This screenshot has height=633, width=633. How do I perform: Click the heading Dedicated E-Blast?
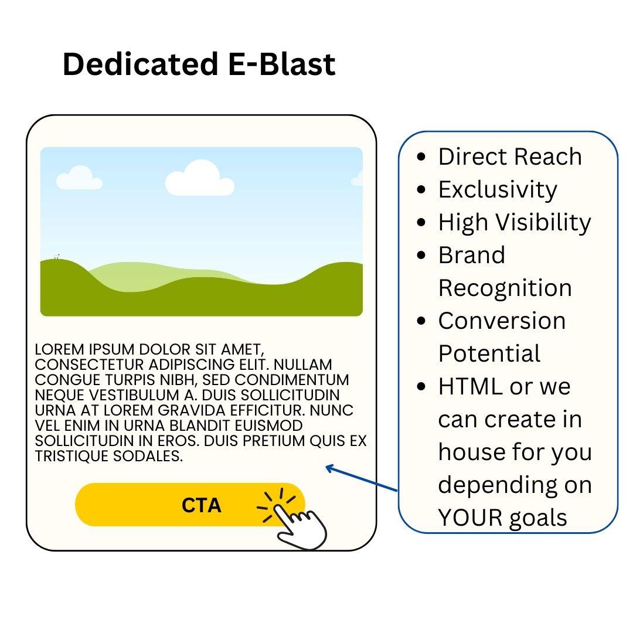click(199, 64)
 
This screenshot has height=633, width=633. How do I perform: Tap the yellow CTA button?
click(176, 505)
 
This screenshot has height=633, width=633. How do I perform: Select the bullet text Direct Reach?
click(510, 157)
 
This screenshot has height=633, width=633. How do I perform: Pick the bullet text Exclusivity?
click(498, 190)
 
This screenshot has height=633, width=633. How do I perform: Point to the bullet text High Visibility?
click(515, 223)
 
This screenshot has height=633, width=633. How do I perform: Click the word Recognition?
click(505, 288)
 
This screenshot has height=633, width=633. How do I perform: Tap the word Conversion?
click(502, 321)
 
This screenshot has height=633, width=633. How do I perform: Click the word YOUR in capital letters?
click(467, 518)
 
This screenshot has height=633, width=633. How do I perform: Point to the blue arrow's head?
click(329, 467)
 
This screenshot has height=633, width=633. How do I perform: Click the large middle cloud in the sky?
click(199, 178)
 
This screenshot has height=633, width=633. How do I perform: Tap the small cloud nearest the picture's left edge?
click(79, 178)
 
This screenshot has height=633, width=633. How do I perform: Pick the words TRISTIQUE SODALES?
click(109, 457)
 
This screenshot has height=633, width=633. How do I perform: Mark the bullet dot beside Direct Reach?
click(421, 158)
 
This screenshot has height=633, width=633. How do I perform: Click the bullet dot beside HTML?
click(421, 387)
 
